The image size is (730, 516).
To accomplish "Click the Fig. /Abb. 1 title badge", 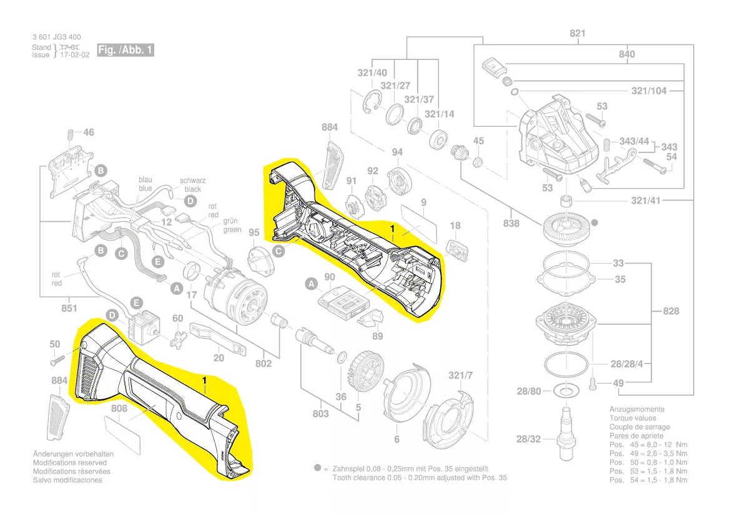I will (x=125, y=50).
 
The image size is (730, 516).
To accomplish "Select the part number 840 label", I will (x=626, y=54).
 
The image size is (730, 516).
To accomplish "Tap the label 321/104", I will (x=649, y=91).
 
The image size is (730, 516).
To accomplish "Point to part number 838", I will (x=511, y=223).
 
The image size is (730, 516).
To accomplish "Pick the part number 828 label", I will (x=671, y=311).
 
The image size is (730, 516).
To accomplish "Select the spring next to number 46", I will (x=70, y=134).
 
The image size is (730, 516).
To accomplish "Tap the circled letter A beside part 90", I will (x=311, y=284).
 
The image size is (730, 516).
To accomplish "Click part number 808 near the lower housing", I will (x=119, y=409).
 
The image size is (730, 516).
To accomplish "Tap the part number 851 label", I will (x=69, y=308).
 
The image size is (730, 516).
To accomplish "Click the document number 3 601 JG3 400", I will (x=56, y=37).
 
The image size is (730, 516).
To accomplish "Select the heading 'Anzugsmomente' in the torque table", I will (x=636, y=410).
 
